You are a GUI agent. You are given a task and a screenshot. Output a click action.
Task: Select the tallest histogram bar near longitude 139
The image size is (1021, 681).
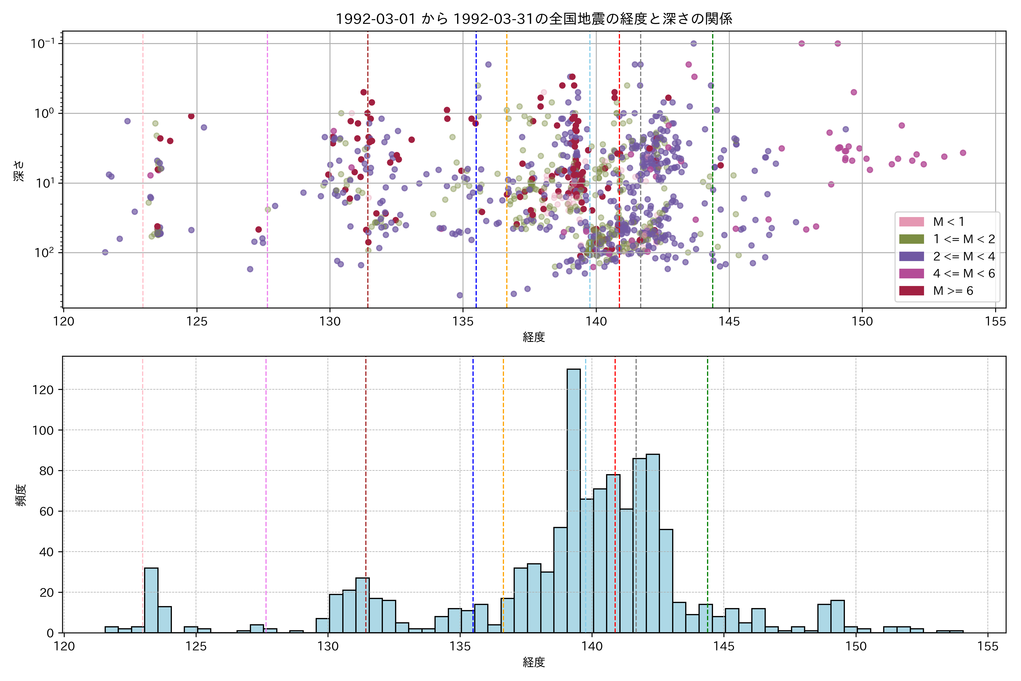[573, 499]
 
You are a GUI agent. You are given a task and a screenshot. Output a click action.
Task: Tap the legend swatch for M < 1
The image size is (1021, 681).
[911, 222]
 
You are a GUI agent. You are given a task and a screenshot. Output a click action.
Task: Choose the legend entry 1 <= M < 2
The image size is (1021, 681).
[964, 239]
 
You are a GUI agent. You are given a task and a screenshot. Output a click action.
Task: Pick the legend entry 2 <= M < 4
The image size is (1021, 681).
[964, 256]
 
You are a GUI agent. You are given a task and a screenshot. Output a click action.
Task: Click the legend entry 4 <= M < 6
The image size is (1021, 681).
[964, 274]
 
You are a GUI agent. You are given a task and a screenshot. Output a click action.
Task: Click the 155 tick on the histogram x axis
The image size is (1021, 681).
[988, 646]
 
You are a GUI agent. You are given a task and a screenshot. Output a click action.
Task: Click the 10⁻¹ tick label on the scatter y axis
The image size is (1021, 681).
[43, 43]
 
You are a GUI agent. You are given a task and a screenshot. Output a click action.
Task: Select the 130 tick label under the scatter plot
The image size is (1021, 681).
[330, 321]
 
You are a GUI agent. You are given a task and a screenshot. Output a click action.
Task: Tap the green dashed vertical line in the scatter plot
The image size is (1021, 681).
[712, 130]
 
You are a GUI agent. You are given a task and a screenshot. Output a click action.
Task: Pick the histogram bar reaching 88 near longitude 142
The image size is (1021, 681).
[653, 543]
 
